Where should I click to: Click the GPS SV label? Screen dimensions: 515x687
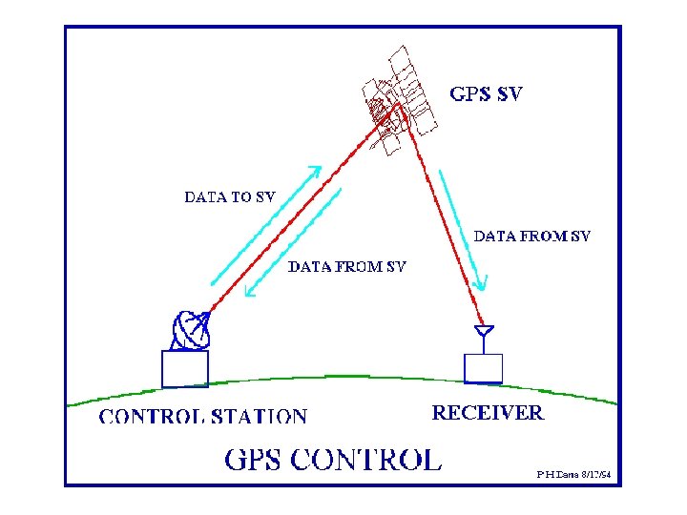click(486, 94)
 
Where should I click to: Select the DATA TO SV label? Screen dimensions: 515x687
click(229, 197)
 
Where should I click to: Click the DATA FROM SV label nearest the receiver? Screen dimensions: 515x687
click(532, 235)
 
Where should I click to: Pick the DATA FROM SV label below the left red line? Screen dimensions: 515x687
click(347, 266)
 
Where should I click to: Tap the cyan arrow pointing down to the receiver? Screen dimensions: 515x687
click(464, 230)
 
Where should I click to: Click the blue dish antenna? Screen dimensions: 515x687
click(189, 330)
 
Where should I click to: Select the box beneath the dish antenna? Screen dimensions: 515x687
click(184, 369)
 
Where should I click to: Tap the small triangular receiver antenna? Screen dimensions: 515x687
click(484, 333)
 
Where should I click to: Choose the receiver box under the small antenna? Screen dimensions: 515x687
click(483, 368)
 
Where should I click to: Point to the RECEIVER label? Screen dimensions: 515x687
click(488, 413)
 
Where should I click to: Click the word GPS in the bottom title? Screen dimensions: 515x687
click(254, 460)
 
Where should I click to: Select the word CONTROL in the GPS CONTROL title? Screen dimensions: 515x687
click(366, 460)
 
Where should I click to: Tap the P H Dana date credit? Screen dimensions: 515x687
click(572, 472)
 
